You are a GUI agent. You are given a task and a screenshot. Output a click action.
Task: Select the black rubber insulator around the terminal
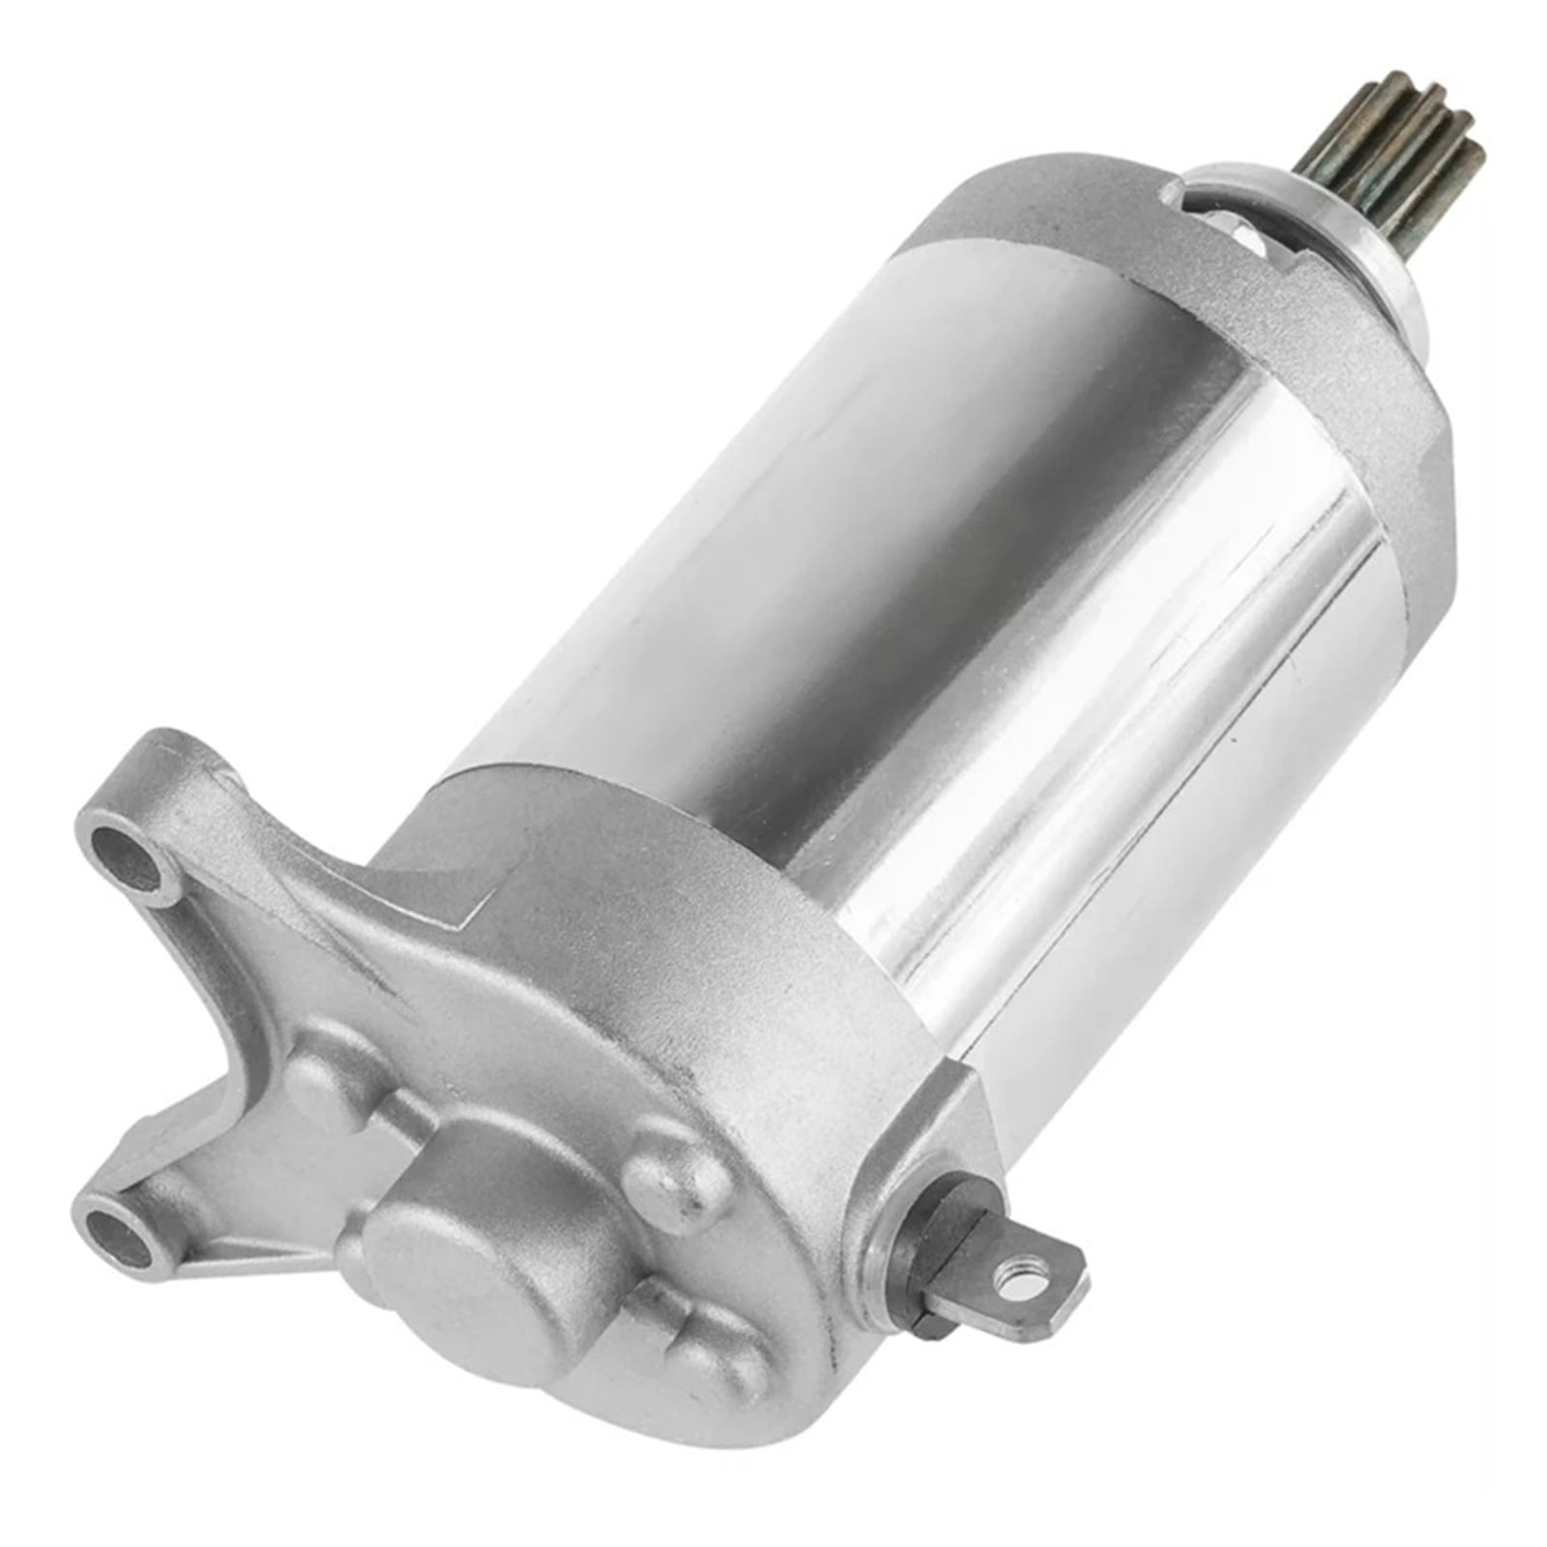pyautogui.click(x=928, y=1257)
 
